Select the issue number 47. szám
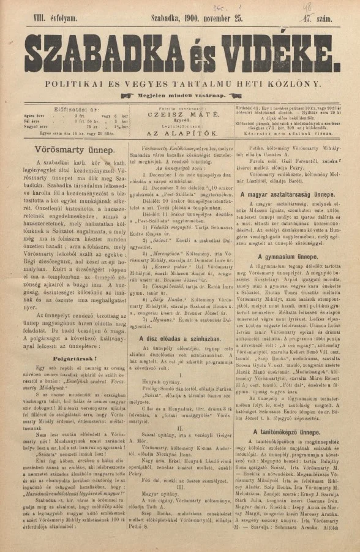point(325,20)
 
